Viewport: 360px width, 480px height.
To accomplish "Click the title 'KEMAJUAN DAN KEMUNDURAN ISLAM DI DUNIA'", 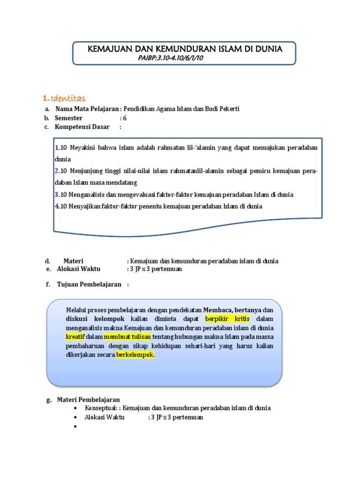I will [185, 49].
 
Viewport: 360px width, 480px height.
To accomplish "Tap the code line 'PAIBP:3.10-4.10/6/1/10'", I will [171, 58].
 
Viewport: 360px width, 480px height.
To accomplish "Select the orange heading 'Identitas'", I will [68, 98].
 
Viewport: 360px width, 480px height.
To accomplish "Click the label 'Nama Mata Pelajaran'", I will [87, 109].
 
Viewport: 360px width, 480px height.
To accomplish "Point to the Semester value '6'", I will [125, 118].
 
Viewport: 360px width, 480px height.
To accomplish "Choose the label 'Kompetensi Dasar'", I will [82, 127].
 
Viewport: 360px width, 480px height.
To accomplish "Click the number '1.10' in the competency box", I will [61, 148].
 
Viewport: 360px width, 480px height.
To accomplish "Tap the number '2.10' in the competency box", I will [61, 171].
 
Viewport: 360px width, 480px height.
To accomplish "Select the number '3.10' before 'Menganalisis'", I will [61, 195].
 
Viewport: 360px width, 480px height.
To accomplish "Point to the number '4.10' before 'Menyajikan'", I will [61, 206].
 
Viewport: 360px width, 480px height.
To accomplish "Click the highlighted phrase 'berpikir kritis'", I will [228, 319].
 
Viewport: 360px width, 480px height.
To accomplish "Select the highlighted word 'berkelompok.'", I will [135, 355].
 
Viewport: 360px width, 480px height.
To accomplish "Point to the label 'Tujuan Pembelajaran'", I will [89, 285].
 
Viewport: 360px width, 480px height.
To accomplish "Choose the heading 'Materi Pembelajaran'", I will [89, 400].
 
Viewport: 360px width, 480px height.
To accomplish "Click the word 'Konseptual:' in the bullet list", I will [102, 408].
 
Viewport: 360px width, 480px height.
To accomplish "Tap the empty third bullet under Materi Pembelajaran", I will [75, 427].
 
